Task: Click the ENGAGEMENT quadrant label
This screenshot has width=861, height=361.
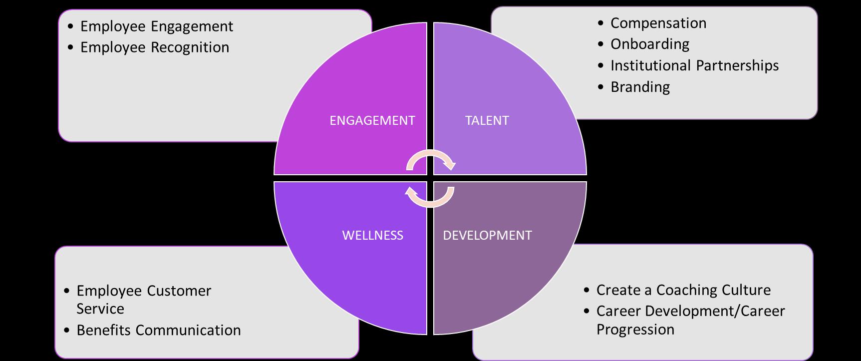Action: pos(372,120)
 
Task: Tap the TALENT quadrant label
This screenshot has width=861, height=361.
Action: pos(487,120)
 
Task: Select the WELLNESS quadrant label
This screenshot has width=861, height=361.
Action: pos(372,235)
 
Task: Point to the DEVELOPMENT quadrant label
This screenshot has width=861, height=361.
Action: pos(487,235)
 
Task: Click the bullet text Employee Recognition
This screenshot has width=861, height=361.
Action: pos(155,47)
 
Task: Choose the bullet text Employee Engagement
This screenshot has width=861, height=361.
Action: pos(157,26)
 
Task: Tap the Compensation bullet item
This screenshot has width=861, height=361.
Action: pos(658,23)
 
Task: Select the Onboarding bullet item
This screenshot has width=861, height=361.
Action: pos(650,44)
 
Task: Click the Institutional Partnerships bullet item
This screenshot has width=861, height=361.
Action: pos(694,65)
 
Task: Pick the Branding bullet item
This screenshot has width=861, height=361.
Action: pos(640,87)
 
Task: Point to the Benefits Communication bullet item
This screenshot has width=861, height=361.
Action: pos(158,330)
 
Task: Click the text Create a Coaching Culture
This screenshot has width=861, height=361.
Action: pos(683,290)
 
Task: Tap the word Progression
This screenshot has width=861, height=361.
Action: pos(635,330)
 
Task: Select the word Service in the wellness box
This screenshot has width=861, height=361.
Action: pos(100,309)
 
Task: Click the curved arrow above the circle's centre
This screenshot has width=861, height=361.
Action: pos(430,159)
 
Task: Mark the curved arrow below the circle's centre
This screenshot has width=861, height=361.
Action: pos(430,198)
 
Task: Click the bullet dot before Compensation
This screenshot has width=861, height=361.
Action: pos(601,23)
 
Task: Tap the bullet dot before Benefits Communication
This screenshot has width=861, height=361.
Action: pos(67,331)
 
